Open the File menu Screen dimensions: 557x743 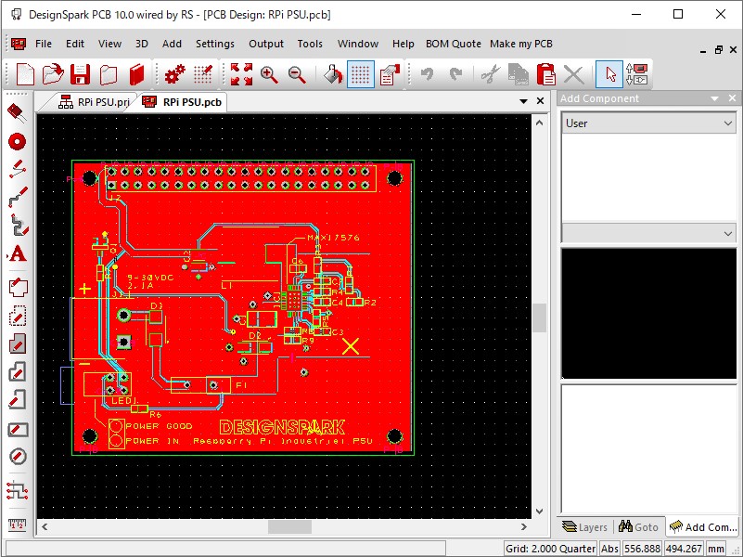(x=44, y=44)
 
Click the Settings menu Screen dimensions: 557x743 (x=215, y=44)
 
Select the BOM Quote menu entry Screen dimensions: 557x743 (x=454, y=44)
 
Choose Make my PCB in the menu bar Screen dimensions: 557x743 (x=520, y=44)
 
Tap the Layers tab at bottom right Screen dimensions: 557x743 (x=585, y=527)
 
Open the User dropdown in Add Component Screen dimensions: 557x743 (x=648, y=123)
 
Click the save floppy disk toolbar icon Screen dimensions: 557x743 (x=81, y=74)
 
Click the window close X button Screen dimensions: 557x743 (x=721, y=15)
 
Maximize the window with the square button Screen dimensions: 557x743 (x=678, y=15)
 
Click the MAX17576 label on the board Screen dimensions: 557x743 (x=333, y=239)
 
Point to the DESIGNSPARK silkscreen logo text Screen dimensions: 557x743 (x=282, y=427)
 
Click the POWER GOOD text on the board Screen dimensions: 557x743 (x=159, y=426)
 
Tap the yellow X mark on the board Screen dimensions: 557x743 (x=351, y=346)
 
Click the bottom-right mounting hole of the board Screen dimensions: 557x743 (x=394, y=436)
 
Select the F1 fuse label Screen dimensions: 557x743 (x=241, y=384)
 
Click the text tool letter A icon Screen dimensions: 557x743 (x=17, y=253)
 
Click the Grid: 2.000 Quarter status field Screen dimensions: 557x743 (x=551, y=549)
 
